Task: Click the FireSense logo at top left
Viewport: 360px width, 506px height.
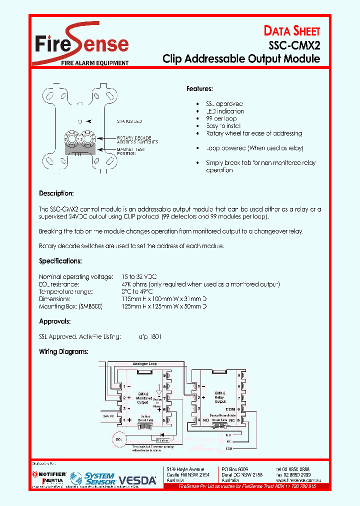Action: click(x=82, y=44)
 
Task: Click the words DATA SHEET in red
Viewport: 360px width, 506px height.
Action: click(x=292, y=31)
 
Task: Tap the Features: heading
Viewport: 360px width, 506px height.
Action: click(x=199, y=88)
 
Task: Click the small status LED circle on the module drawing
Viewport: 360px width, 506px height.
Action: click(x=80, y=121)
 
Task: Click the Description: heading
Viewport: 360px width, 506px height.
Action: click(x=56, y=193)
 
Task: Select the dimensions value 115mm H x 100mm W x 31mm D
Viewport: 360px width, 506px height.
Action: click(x=164, y=298)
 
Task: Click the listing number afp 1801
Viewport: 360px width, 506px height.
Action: click(x=150, y=337)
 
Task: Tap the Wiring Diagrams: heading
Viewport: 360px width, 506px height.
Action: click(x=63, y=351)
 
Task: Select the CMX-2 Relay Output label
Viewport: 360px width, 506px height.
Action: click(x=220, y=397)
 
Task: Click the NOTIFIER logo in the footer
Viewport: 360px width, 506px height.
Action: click(x=49, y=473)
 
